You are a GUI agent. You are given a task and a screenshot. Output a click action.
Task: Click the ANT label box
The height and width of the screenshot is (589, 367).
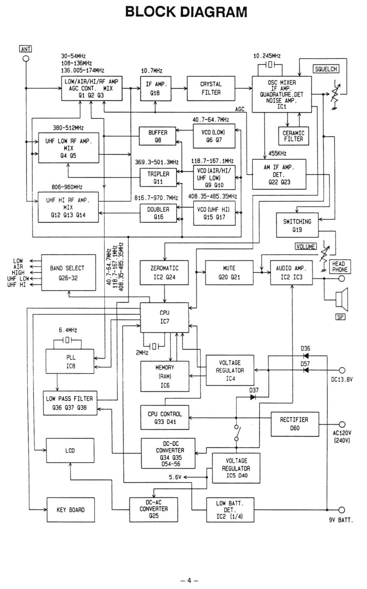click(x=25, y=49)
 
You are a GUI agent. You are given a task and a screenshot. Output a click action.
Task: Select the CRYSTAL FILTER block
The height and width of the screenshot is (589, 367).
click(x=211, y=88)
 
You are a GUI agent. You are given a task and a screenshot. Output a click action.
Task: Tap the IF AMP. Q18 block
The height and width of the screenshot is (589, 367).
click(x=155, y=88)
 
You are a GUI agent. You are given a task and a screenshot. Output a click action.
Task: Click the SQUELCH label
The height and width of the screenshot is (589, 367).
click(x=326, y=69)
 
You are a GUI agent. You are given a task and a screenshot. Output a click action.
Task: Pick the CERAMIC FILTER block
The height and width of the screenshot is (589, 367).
click(x=294, y=136)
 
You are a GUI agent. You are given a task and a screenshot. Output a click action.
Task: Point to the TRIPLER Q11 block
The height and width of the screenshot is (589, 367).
click(x=158, y=178)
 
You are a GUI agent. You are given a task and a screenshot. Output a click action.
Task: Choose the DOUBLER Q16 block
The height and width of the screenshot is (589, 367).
click(x=158, y=213)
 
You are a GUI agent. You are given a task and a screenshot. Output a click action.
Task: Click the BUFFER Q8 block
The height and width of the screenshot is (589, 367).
click(x=158, y=136)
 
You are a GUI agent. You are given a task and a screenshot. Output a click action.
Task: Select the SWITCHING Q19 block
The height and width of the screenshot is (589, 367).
click(x=297, y=226)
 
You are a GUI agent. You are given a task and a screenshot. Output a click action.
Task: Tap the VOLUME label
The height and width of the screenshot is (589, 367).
click(x=306, y=246)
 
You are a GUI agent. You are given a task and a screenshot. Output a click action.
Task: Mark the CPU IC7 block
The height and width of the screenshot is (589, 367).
click(x=165, y=317)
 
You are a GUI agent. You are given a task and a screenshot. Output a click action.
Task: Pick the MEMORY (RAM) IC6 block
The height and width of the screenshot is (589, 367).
click(x=165, y=376)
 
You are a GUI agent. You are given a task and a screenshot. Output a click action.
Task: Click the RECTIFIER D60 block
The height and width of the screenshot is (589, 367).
click(x=294, y=424)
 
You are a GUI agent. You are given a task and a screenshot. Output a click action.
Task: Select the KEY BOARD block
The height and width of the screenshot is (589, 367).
click(x=70, y=510)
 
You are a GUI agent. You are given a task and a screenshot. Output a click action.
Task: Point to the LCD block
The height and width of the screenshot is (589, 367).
click(x=70, y=450)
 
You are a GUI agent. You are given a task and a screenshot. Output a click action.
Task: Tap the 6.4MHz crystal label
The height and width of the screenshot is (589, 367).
click(x=68, y=330)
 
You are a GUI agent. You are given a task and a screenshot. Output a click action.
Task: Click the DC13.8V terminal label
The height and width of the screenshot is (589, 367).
click(x=342, y=379)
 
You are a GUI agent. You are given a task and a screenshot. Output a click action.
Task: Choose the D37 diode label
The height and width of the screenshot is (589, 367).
click(x=254, y=390)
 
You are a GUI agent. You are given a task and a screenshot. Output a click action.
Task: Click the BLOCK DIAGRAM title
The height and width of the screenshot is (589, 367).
click(x=186, y=12)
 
